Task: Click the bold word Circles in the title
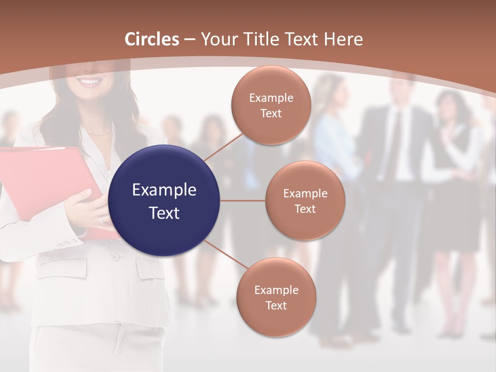tap(152, 39)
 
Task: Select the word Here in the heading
tap(343, 39)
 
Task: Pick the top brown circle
tap(271, 105)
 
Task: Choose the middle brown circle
tap(305, 200)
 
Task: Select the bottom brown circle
tap(276, 297)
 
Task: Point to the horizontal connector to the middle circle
tap(243, 200)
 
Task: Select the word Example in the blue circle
tap(164, 190)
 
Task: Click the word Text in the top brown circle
tap(271, 113)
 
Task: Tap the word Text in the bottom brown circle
tap(276, 305)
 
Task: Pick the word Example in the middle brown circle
tap(305, 193)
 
